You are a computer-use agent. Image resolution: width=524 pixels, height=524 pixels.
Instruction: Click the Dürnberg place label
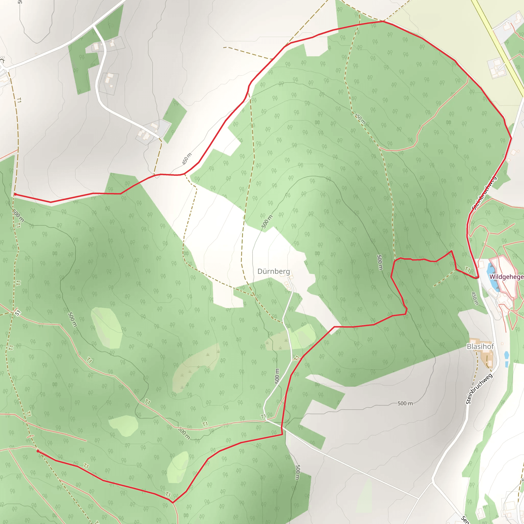click(274, 271)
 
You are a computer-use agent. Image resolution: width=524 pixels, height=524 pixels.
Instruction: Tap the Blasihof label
click(480, 346)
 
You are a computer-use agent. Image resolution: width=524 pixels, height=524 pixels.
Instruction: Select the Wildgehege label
click(506, 277)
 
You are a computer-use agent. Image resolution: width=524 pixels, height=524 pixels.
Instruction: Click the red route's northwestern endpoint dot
click(15, 194)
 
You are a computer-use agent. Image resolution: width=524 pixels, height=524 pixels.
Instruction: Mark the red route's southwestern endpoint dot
click(38, 451)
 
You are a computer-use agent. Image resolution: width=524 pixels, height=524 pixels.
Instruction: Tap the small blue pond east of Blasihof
click(506, 355)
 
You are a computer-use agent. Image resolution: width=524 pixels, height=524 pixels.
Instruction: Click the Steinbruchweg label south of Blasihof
click(479, 389)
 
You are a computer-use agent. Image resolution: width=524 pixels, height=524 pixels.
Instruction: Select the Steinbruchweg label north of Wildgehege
click(484, 193)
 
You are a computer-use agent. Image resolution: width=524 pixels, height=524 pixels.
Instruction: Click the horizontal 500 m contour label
click(405, 403)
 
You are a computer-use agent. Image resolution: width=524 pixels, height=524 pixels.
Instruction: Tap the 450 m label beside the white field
click(187, 159)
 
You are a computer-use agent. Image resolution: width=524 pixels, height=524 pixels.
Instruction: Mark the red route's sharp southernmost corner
click(172, 503)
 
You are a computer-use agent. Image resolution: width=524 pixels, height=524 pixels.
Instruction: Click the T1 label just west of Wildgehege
click(467, 269)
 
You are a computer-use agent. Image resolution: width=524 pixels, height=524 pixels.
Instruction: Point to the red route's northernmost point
click(383, 21)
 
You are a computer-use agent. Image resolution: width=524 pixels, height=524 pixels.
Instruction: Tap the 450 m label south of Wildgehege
click(475, 298)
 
